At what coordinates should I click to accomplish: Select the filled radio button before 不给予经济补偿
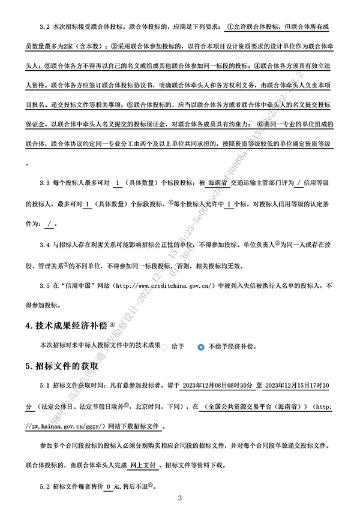click(x=201, y=347)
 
